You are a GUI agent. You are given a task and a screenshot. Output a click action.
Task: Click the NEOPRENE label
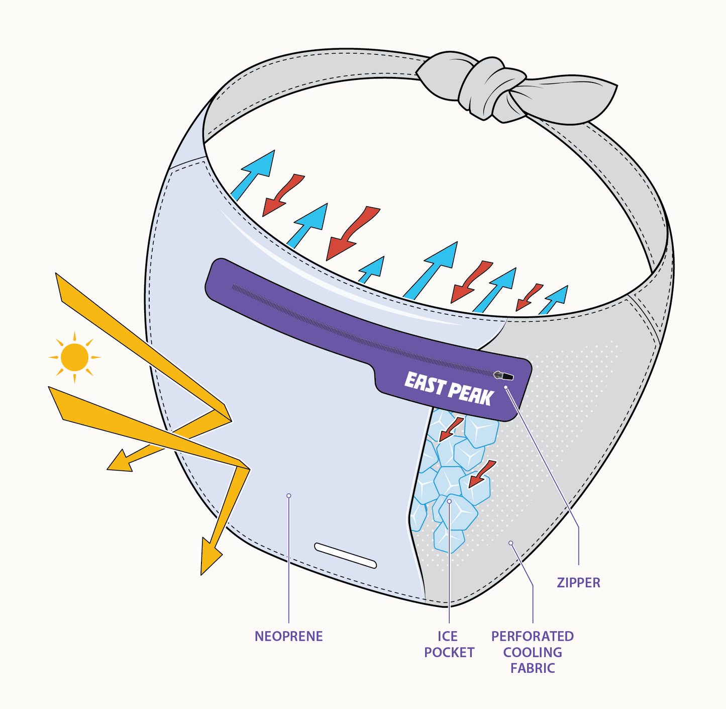click(x=288, y=636)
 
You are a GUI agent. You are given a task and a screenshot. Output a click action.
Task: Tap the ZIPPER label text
click(x=578, y=583)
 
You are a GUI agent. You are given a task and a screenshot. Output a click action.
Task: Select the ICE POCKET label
click(x=449, y=644)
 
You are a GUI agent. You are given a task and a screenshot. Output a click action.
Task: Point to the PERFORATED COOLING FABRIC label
click(x=533, y=652)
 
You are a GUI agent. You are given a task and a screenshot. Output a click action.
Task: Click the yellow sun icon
click(x=74, y=358)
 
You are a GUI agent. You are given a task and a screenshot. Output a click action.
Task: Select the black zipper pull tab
click(x=503, y=375)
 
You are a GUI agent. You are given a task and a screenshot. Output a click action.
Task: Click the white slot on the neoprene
click(x=345, y=555)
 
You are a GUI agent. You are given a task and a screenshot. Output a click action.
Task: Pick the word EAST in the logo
click(x=425, y=383)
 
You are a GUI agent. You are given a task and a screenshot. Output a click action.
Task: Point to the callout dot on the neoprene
click(x=288, y=496)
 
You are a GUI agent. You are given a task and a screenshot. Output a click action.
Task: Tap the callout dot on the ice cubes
click(x=449, y=501)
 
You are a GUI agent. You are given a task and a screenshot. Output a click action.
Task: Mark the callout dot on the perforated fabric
click(x=510, y=543)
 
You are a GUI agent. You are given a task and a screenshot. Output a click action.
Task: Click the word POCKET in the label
click(x=449, y=653)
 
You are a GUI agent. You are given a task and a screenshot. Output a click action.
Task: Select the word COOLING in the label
click(x=533, y=653)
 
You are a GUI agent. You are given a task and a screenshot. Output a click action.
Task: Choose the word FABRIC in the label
click(x=533, y=668)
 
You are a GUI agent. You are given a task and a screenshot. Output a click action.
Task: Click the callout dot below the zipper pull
click(x=506, y=387)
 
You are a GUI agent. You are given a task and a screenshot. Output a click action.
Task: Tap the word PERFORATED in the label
click(x=533, y=636)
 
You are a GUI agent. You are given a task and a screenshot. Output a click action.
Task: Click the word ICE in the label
click(x=447, y=637)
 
